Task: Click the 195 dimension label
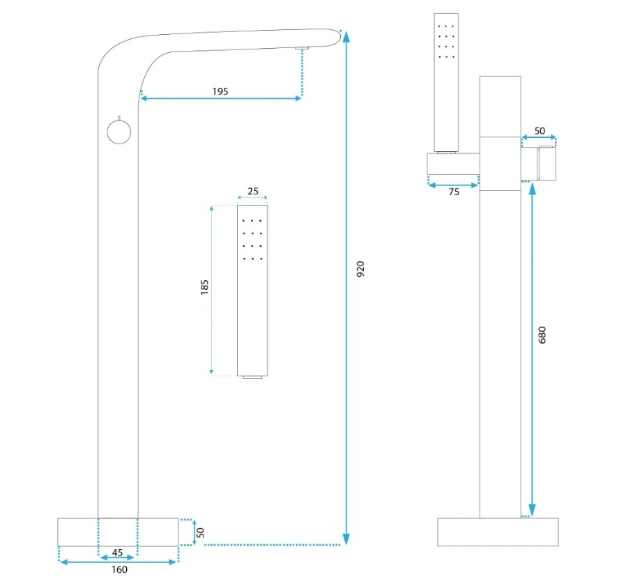click(220, 91)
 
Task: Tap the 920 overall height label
click(360, 269)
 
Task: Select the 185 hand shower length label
click(204, 288)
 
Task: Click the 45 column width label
click(118, 553)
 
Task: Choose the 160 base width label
click(118, 569)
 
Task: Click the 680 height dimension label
click(543, 334)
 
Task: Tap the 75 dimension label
click(453, 192)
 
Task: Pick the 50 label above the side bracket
click(540, 130)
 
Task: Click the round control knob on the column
click(119, 131)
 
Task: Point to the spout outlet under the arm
click(301, 48)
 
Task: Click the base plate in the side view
click(499, 532)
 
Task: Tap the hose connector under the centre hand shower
click(252, 378)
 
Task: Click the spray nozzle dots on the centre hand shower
click(252, 239)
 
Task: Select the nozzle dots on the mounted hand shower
click(446, 40)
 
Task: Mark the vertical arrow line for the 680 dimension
click(533, 348)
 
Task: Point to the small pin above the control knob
click(119, 117)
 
